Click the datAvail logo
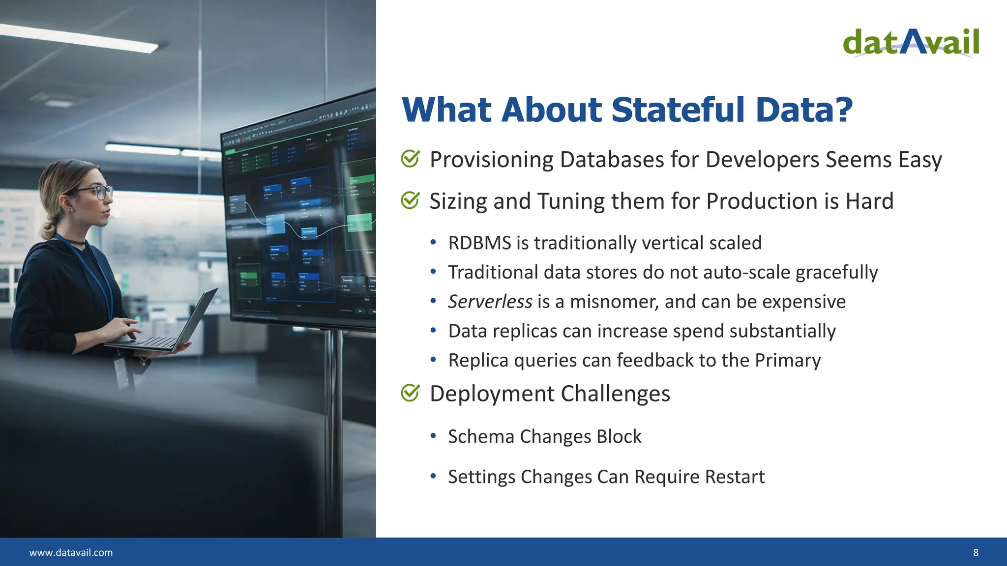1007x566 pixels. pos(911,43)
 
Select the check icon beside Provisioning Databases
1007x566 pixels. pos(410,159)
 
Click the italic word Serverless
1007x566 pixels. pos(490,301)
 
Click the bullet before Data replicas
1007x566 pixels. pos(433,331)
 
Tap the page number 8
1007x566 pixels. pos(976,552)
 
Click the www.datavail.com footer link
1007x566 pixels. pos(71,552)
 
